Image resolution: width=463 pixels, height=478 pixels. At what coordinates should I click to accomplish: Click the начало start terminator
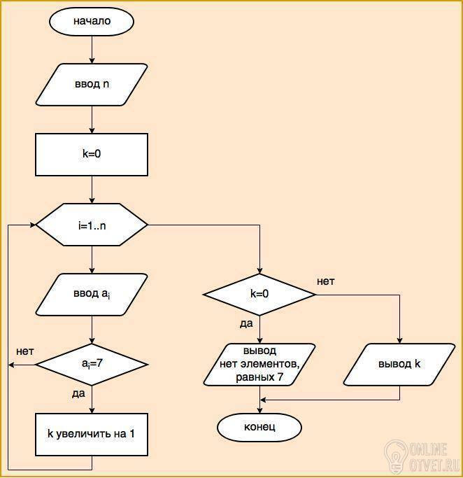(x=92, y=21)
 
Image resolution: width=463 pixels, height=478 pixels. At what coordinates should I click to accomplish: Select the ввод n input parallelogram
(x=92, y=85)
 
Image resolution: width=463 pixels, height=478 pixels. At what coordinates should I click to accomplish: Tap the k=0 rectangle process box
(x=92, y=154)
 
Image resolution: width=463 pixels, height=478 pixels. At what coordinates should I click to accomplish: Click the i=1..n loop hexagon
(x=92, y=225)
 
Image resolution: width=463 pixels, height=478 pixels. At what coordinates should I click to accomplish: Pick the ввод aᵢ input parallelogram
(x=92, y=294)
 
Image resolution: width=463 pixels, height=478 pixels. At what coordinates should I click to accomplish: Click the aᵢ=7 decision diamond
(x=92, y=365)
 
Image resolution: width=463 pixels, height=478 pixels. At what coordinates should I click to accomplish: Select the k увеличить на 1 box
(x=92, y=435)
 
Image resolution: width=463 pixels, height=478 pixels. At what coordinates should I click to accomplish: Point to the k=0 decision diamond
(x=259, y=295)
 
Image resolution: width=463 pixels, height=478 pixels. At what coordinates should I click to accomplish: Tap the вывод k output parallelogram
(x=399, y=365)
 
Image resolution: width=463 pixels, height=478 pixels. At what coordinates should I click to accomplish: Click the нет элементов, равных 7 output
(x=259, y=365)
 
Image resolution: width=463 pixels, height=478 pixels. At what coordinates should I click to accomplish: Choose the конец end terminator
(x=259, y=427)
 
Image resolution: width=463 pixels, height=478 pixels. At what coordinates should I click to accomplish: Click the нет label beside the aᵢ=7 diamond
(x=25, y=351)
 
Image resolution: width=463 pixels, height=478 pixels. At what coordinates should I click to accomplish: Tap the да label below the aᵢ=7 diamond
(x=78, y=393)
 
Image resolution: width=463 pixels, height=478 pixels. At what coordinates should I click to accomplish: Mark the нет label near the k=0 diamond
(x=325, y=281)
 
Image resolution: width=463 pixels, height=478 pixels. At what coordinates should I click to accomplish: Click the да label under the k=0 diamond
(x=246, y=323)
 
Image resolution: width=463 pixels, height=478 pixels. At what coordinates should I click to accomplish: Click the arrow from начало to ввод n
(x=92, y=50)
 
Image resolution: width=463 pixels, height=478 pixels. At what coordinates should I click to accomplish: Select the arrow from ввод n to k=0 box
(x=92, y=120)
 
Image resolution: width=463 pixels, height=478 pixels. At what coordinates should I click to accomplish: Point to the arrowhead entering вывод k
(x=399, y=341)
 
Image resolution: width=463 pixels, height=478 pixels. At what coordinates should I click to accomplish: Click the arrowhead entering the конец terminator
(x=259, y=410)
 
